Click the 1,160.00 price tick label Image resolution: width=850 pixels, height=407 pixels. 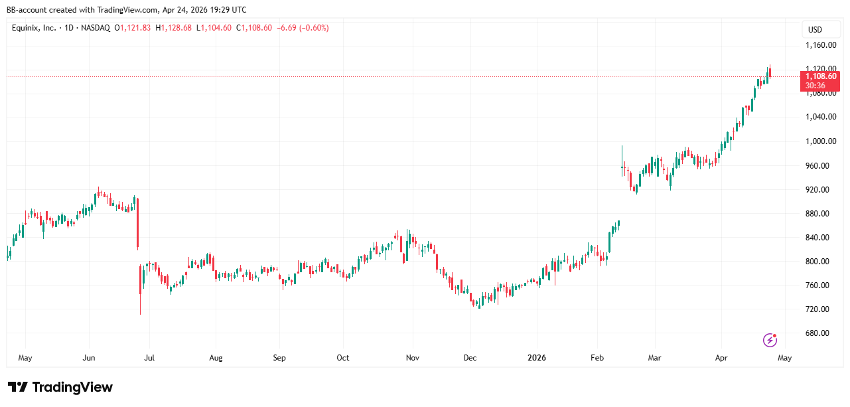(820, 45)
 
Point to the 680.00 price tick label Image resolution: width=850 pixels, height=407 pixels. (817, 333)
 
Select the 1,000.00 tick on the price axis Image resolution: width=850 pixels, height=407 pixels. (820, 141)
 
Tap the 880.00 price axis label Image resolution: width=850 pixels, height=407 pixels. (817, 214)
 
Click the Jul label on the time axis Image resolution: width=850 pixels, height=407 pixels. (150, 358)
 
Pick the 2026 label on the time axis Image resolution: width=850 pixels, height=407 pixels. (536, 358)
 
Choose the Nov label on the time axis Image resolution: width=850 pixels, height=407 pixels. (412, 358)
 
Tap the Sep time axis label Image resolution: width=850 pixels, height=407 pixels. (279, 358)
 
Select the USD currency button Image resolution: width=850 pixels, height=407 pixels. (814, 29)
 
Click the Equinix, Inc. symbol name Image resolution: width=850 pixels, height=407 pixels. (34, 28)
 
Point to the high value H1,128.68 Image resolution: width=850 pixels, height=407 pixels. (173, 28)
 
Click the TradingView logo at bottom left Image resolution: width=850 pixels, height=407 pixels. (60, 387)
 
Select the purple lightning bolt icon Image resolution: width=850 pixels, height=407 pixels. (770, 340)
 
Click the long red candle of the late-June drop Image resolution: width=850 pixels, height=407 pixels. (137, 223)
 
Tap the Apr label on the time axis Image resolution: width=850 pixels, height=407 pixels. (721, 358)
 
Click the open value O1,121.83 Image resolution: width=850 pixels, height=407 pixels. (133, 28)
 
